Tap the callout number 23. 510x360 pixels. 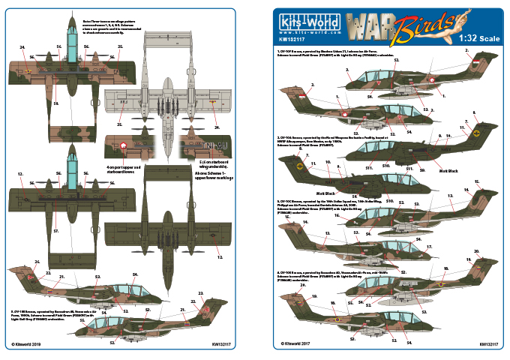(x=200, y=293)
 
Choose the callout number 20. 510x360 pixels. (x=476, y=251)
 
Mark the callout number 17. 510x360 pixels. (x=430, y=247)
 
